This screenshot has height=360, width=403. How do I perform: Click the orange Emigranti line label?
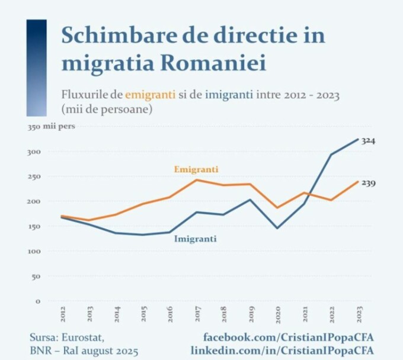[196, 169]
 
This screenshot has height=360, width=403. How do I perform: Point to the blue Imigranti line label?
[195, 239]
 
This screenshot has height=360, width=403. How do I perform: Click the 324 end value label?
[369, 141]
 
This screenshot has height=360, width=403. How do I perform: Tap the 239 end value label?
[369, 183]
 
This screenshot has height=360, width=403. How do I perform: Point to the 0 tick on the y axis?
[38, 301]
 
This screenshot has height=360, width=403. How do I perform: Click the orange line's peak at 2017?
[197, 180]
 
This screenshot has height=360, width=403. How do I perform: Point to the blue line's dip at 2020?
[277, 228]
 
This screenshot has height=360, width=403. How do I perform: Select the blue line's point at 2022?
[331, 155]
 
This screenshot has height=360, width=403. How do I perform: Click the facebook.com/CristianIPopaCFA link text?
[289, 337]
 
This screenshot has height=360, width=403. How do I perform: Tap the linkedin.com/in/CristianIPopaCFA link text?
[283, 351]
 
